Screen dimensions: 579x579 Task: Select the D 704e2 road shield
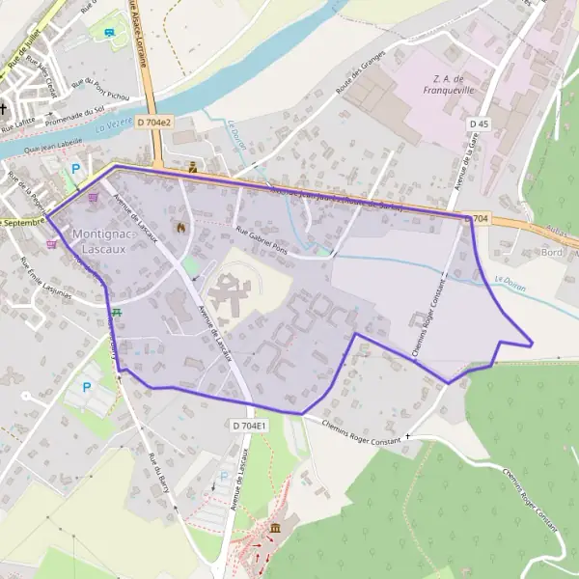(153, 123)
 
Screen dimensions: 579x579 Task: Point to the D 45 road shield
(479, 124)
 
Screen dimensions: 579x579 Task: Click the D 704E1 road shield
(249, 425)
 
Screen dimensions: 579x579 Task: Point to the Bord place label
(552, 253)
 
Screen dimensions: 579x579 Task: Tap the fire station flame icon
(179, 227)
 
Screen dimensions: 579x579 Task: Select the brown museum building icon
(277, 528)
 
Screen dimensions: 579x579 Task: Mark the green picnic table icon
(117, 312)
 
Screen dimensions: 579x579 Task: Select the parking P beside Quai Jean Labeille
(75, 168)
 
